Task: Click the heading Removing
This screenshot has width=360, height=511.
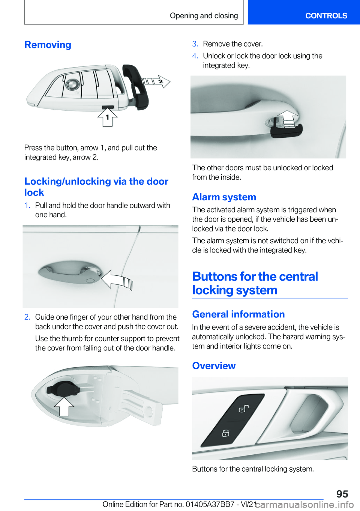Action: pyautogui.click(x=48, y=45)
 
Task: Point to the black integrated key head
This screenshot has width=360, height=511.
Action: pyautogui.click(x=137, y=86)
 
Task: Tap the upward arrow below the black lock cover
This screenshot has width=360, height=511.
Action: pyautogui.click(x=64, y=407)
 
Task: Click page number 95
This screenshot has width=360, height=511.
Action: pyautogui.click(x=342, y=494)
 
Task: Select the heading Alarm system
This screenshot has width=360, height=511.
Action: pyautogui.click(x=224, y=197)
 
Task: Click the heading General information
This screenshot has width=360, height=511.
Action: pyautogui.click(x=238, y=314)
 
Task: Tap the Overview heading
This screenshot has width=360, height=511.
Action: pyautogui.click(x=214, y=365)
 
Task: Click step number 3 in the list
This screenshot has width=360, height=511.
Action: pyautogui.click(x=195, y=44)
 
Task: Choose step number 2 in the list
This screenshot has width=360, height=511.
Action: pyautogui.click(x=27, y=317)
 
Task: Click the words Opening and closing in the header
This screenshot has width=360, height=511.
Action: pyautogui.click(x=204, y=15)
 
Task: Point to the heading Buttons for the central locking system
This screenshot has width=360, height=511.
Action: pyautogui.click(x=255, y=283)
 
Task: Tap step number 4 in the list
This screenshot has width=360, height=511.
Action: pyautogui.click(x=195, y=56)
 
